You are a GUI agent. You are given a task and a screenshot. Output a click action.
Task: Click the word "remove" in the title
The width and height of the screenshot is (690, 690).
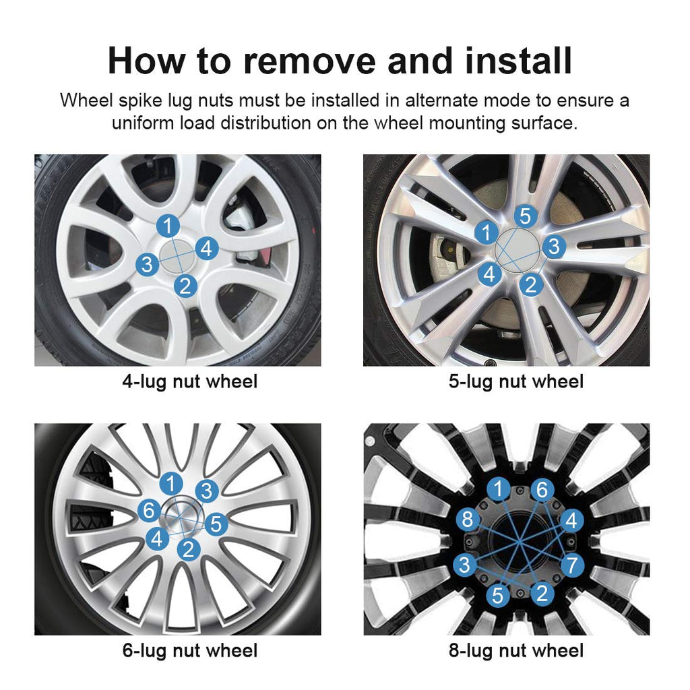(x=309, y=61)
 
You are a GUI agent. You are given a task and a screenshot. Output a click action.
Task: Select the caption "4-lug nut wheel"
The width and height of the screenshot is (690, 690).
(x=189, y=381)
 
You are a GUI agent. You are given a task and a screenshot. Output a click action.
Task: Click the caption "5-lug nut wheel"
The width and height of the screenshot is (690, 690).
(x=516, y=381)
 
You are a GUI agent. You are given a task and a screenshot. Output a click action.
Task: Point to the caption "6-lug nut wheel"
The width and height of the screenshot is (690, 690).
(x=189, y=651)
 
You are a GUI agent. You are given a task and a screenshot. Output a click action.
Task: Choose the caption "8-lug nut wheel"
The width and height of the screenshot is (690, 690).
(x=516, y=651)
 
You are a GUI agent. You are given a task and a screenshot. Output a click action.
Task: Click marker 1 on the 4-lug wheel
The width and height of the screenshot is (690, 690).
(x=168, y=226)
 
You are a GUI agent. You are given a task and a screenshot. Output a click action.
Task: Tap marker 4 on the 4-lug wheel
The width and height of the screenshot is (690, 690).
(x=206, y=249)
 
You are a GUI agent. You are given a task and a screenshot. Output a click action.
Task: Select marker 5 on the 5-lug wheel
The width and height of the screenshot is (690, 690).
(x=526, y=216)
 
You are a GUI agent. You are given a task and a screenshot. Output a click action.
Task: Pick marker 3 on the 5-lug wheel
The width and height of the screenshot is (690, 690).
(x=554, y=247)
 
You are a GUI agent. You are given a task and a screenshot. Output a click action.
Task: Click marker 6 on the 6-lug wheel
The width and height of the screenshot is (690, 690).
(x=149, y=511)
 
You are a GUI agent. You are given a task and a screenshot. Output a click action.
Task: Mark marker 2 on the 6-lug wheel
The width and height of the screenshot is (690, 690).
(x=189, y=549)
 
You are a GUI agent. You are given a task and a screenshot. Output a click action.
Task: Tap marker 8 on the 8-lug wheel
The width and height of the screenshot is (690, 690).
(x=468, y=520)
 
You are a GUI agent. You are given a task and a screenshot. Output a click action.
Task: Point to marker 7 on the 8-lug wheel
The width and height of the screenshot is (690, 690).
(x=572, y=565)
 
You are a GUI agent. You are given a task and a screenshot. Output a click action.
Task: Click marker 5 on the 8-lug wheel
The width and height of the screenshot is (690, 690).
(x=498, y=596)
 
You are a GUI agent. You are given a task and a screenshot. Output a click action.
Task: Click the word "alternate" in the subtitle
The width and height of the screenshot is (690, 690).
(x=441, y=101)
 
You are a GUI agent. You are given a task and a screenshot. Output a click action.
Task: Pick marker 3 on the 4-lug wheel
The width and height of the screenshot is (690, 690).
(x=147, y=264)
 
